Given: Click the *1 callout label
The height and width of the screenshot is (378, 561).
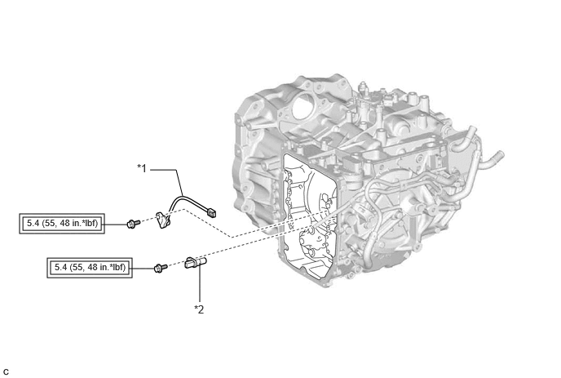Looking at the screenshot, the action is click(143, 168).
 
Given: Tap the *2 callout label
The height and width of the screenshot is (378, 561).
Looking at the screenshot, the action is click(199, 309).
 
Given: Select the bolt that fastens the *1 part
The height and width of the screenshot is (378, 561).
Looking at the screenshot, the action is click(132, 224).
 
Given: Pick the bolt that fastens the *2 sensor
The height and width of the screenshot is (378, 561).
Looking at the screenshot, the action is click(160, 267).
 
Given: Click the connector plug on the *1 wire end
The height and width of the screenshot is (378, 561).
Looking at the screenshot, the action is click(212, 212).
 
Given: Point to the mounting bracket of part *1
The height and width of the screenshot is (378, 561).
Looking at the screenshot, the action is click(162, 220).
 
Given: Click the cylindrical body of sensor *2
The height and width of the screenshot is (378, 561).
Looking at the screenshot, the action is click(196, 263).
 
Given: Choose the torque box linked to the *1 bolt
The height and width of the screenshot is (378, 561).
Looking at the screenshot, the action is click(62, 224).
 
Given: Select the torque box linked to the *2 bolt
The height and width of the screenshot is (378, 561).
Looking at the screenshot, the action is click(90, 268).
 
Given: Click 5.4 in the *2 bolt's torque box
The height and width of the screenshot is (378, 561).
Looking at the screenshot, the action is click(60, 267).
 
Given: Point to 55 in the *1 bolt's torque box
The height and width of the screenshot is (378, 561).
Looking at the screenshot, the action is click(50, 223).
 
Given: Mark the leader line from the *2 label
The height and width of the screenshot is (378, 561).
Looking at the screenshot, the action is click(200, 282).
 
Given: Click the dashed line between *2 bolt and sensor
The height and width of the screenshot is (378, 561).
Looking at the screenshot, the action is click(176, 265).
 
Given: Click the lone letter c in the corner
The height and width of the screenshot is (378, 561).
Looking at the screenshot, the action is click(6, 372).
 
